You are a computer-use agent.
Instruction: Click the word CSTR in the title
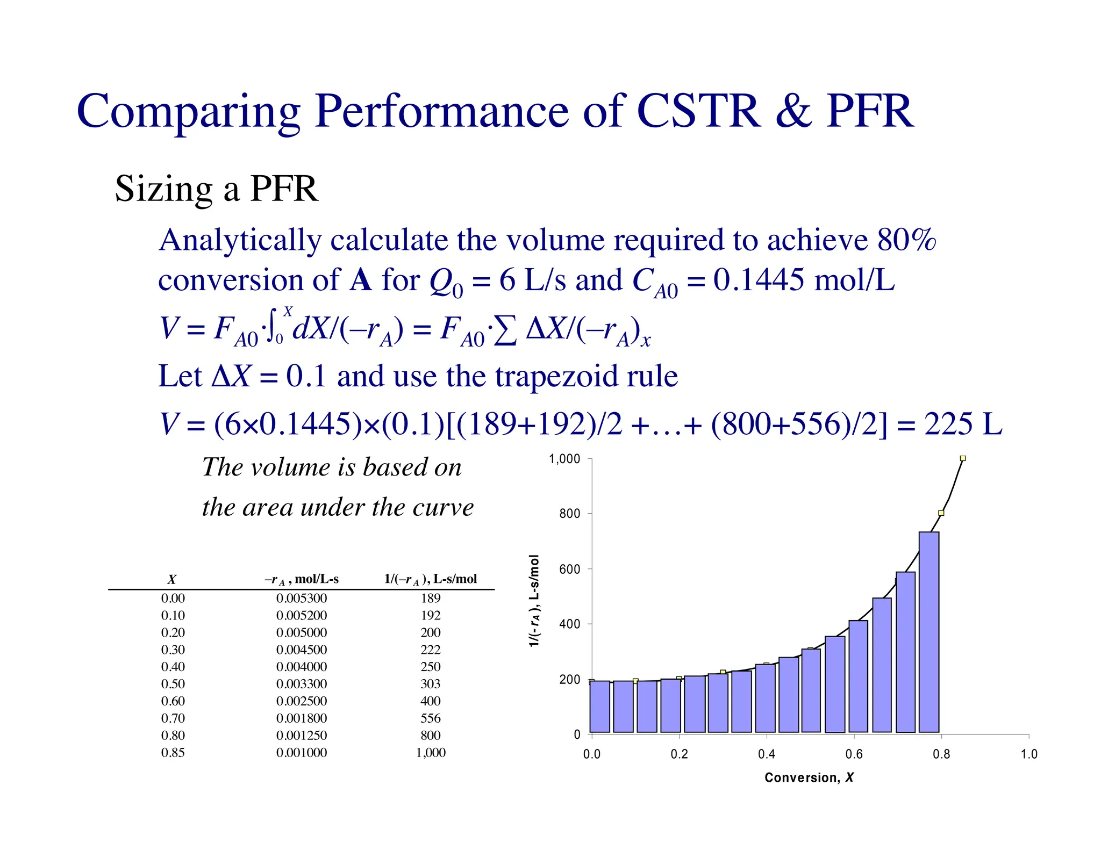(x=698, y=111)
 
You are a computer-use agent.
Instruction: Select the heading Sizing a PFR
(x=216, y=189)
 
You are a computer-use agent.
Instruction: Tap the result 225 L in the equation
(x=962, y=424)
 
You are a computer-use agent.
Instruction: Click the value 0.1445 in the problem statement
(x=759, y=280)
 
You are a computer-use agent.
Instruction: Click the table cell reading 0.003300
(x=301, y=684)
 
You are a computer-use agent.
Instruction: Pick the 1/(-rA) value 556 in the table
(x=430, y=718)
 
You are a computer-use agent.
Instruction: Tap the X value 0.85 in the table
(x=173, y=753)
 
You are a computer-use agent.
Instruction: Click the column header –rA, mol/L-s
(x=301, y=579)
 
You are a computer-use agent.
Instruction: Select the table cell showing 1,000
(x=430, y=753)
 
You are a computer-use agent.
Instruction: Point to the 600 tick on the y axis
(x=569, y=569)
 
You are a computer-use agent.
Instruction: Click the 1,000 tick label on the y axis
(x=564, y=459)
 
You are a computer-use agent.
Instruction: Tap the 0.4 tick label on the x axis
(x=766, y=754)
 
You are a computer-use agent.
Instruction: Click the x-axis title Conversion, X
(x=809, y=777)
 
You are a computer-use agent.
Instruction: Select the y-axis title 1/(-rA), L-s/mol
(x=534, y=601)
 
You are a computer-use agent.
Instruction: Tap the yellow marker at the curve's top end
(x=962, y=458)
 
